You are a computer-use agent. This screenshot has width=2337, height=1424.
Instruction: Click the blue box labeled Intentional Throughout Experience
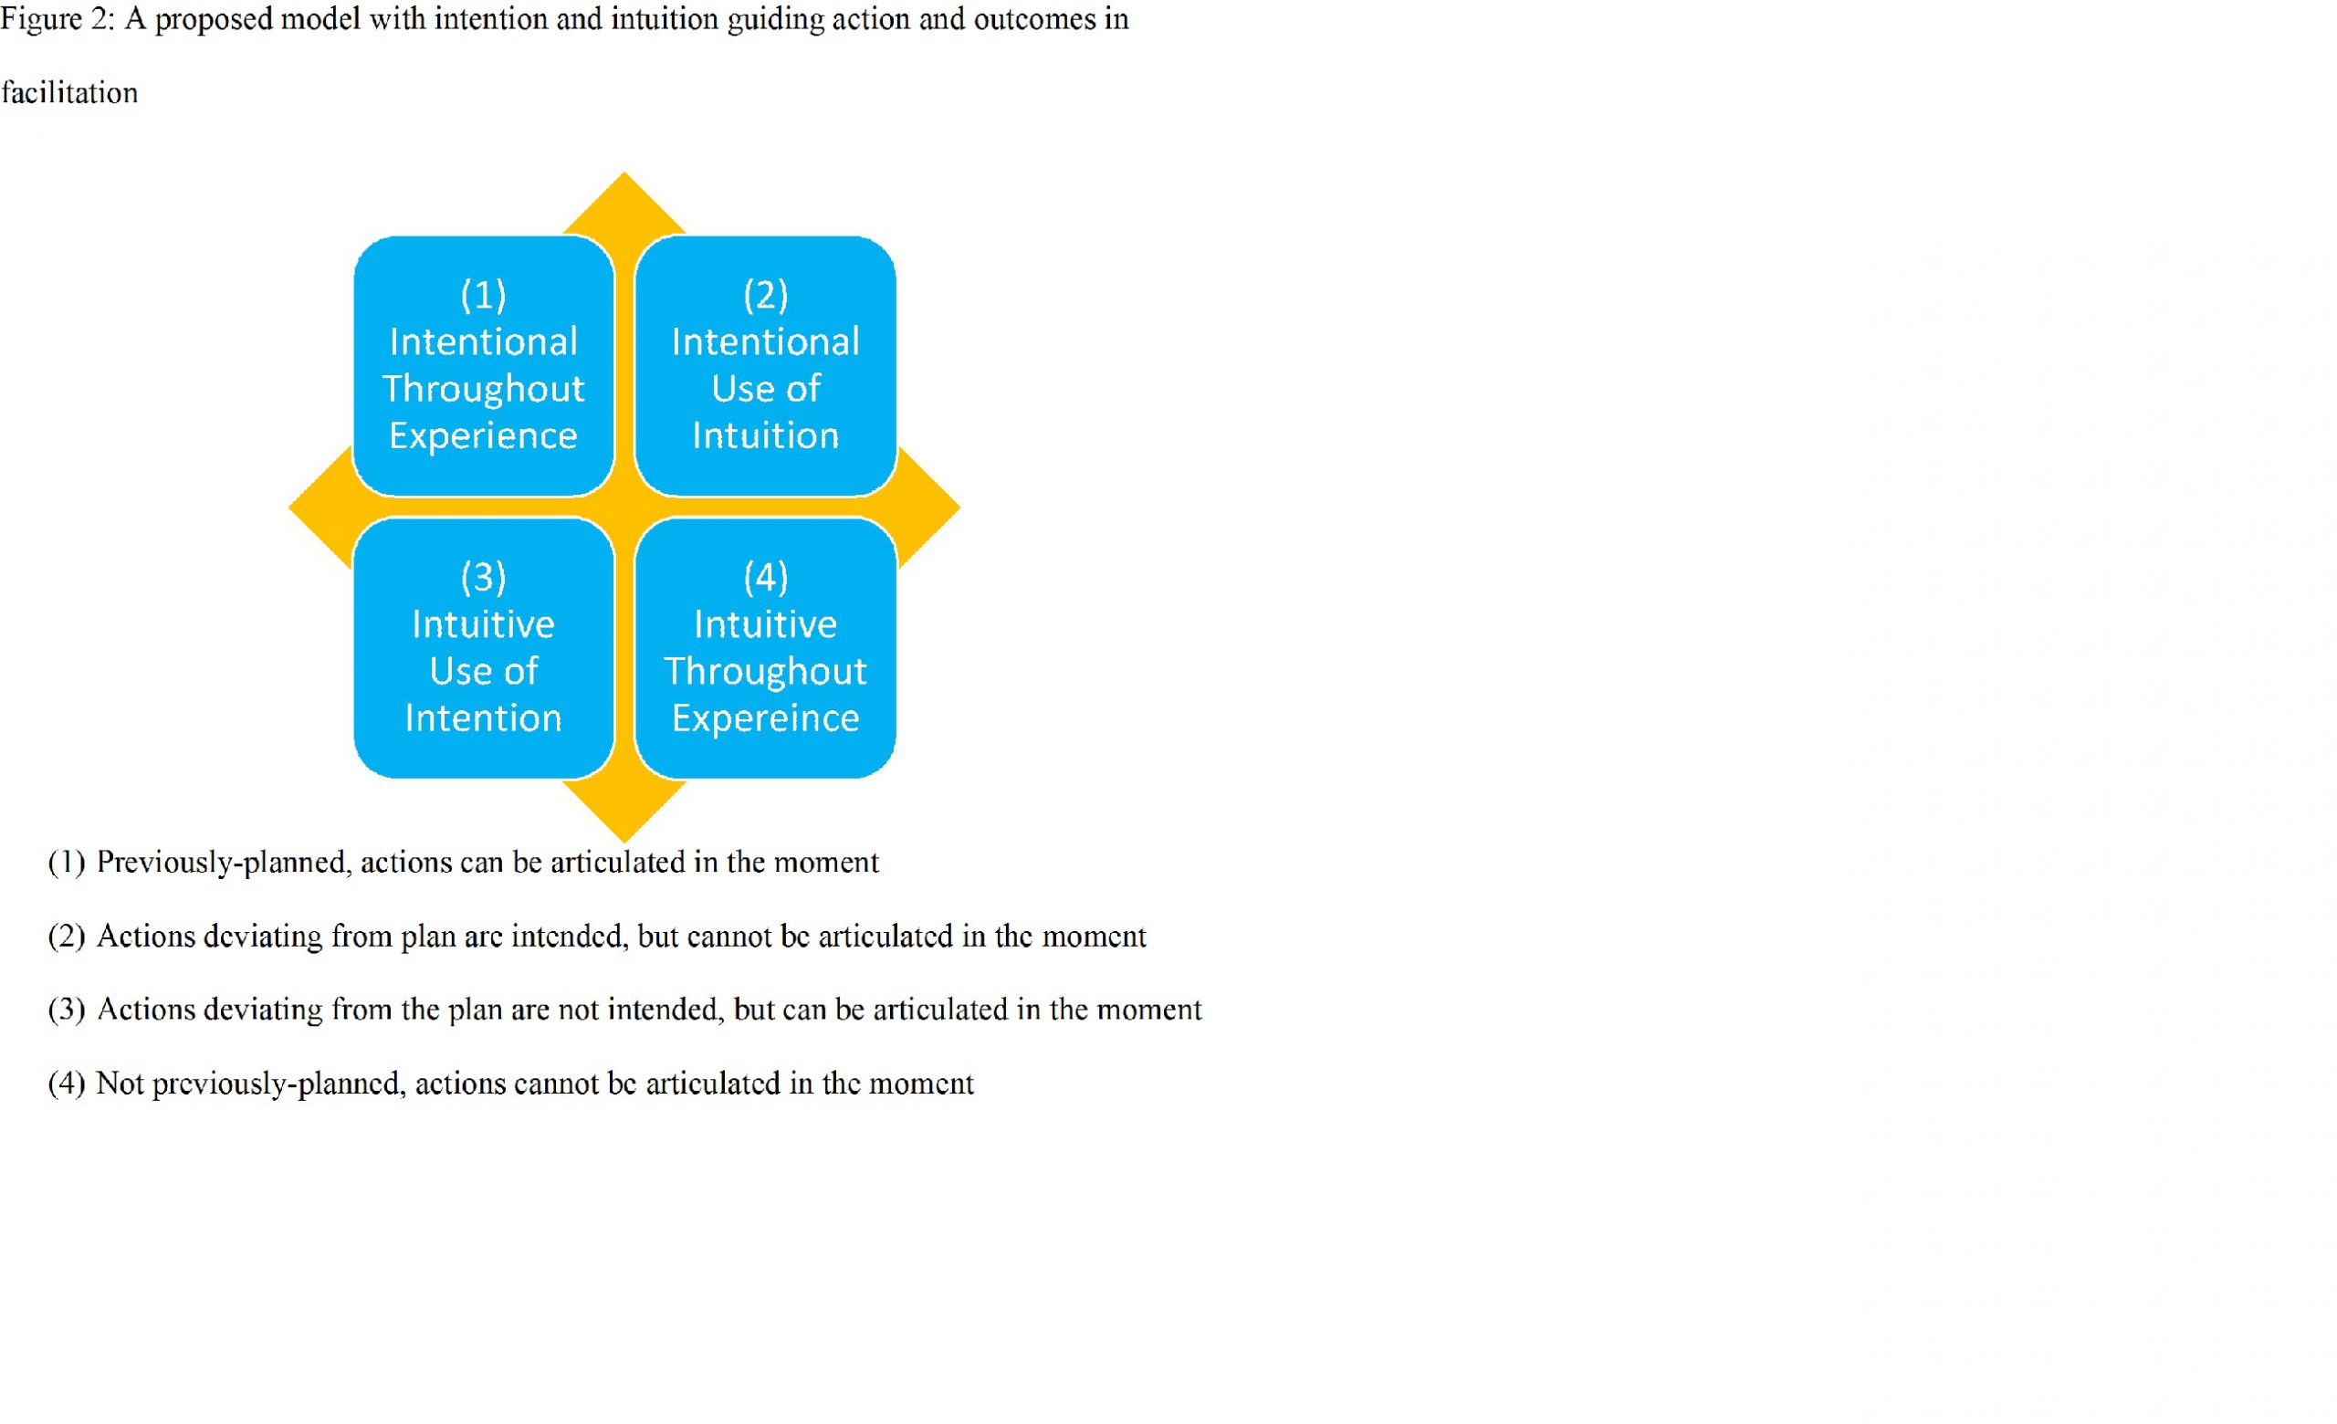[x=484, y=366]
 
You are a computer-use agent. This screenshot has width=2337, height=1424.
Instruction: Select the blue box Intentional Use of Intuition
[x=765, y=366]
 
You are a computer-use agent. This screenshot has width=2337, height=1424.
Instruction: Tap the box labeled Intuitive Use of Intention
[x=484, y=648]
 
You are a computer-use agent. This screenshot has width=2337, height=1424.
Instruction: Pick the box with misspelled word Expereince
[x=765, y=648]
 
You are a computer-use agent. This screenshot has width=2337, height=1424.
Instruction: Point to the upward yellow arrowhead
[x=624, y=202]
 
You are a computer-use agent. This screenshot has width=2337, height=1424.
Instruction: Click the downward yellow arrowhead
[x=624, y=811]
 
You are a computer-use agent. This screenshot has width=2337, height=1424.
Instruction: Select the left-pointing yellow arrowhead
[x=320, y=508]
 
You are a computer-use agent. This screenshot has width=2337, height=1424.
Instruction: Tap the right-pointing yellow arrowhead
[x=928, y=508]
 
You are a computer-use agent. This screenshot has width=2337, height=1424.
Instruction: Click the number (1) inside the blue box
[x=484, y=295]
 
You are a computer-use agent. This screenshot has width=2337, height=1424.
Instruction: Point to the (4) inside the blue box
[x=765, y=578]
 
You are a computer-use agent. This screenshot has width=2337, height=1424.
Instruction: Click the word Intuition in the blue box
[x=765, y=435]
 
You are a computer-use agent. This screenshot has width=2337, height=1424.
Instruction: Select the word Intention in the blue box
[x=484, y=717]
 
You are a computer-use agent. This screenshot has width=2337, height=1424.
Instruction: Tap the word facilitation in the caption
[x=69, y=93]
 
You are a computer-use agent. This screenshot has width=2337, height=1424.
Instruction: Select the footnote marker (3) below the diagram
[x=67, y=1010]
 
